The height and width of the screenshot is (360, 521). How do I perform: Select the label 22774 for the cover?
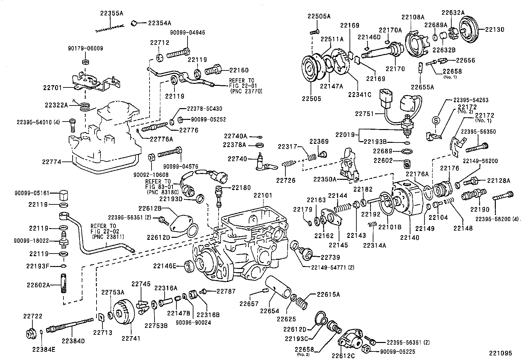pos(52,161)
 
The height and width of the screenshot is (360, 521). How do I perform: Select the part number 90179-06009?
pos(86,48)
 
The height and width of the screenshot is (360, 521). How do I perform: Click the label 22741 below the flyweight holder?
pos(131,338)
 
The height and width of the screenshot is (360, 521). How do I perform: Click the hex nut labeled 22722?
pos(31,333)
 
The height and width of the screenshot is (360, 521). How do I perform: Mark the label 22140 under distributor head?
pos(409,238)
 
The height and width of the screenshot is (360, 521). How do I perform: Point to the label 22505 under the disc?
pos(311,99)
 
